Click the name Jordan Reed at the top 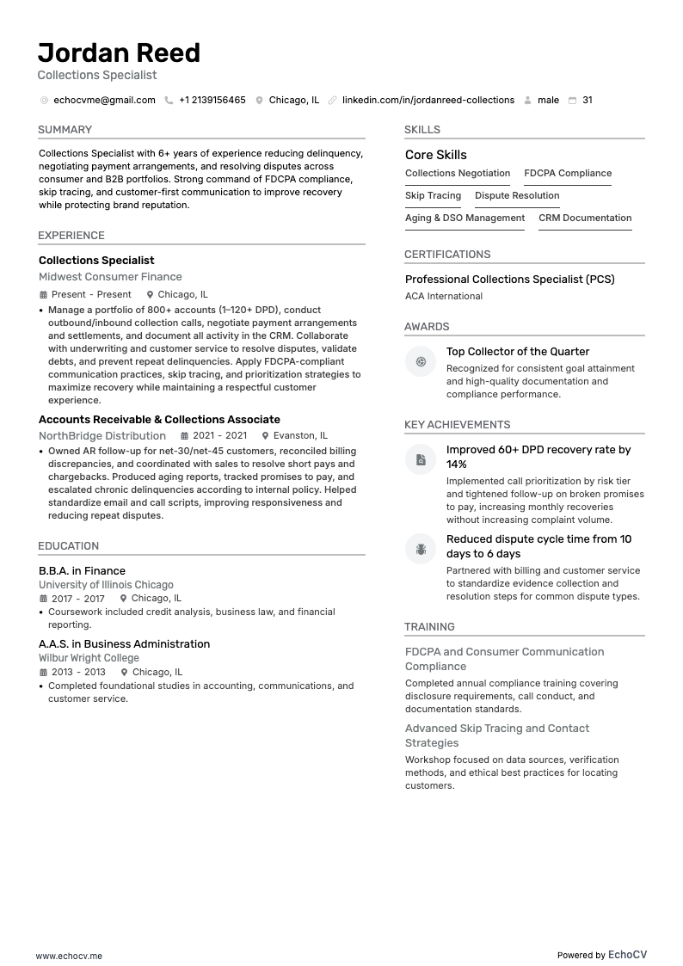coord(119,53)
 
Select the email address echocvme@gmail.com coord(104,101)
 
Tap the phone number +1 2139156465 coord(212,101)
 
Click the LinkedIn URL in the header coord(428,101)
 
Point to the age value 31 coord(587,101)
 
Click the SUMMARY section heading coord(65,130)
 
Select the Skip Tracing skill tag coord(433,196)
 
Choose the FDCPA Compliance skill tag coord(568,174)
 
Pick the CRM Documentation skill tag coord(585,218)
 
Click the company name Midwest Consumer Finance coord(110,277)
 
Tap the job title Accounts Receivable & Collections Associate coord(159,420)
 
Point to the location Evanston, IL coord(300,436)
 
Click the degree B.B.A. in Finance coord(82,571)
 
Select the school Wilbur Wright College coord(89,658)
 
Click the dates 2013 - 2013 coord(78,673)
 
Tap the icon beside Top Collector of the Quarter coord(421,362)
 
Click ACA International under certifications coord(444,297)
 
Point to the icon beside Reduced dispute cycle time coord(421,549)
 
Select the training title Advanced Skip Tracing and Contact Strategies coord(497,735)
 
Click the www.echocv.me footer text coord(69,956)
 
